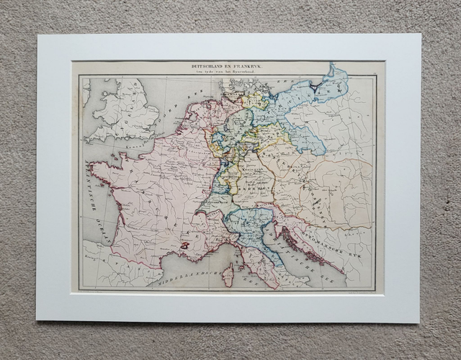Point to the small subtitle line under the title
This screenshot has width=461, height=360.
pos(228,73)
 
